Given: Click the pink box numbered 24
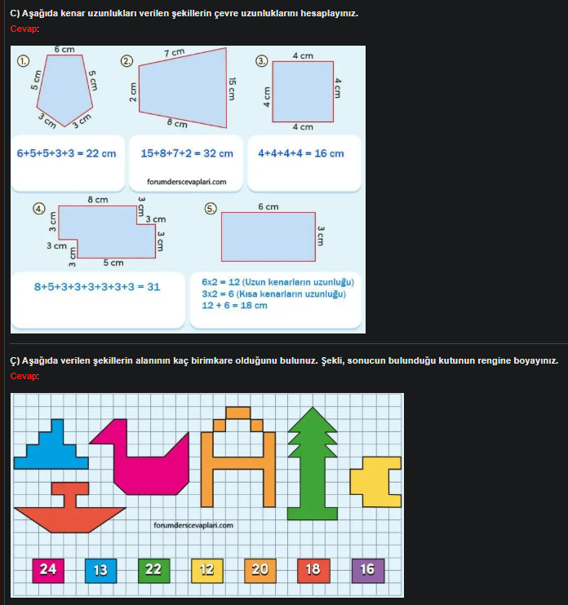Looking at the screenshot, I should click(48, 569).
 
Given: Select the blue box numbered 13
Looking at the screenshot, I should click(100, 569).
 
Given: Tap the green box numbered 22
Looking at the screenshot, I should click(153, 569).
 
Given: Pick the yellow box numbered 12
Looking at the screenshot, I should click(206, 569).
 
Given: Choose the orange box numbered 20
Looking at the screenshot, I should click(260, 569).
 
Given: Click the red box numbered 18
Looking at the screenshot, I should click(313, 569).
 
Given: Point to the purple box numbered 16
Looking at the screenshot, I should click(367, 569).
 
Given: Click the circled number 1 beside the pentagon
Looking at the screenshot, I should click(23, 60).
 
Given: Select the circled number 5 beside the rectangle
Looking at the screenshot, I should click(211, 208).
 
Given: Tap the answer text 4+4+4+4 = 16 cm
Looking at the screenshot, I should click(300, 153).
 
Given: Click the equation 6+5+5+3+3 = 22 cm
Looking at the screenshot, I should click(66, 153).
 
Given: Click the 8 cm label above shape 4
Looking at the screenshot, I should click(97, 200).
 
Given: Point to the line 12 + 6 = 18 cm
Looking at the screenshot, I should click(234, 306).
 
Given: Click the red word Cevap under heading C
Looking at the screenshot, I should click(24, 29).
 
